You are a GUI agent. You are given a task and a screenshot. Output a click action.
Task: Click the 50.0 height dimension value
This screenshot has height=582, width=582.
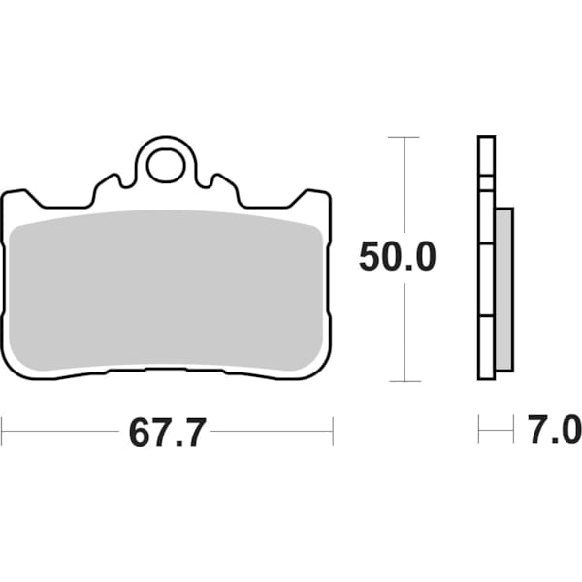pyautogui.click(x=398, y=257)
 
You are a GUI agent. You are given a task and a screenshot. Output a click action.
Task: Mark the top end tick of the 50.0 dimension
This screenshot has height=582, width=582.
pyautogui.click(x=404, y=138)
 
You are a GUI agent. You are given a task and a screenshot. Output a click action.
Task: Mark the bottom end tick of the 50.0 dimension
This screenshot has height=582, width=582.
pyautogui.click(x=404, y=381)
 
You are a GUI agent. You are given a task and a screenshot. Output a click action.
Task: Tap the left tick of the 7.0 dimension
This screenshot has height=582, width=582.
pyautogui.click(x=478, y=428)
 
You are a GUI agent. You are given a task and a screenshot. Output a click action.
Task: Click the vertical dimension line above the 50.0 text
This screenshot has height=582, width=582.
pyautogui.click(x=404, y=189)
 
